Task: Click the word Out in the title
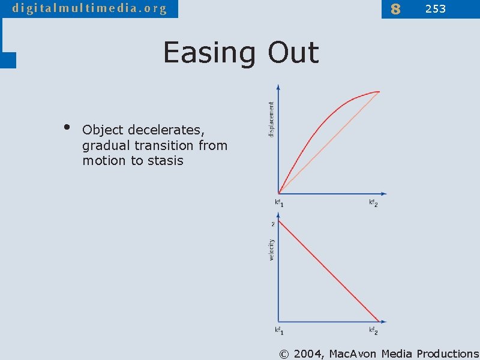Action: tap(293, 53)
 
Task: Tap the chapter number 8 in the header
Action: tap(395, 9)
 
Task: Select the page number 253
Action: tap(436, 9)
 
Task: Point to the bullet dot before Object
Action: tap(67, 127)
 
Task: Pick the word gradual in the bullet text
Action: tap(106, 146)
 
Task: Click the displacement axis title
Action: tap(271, 119)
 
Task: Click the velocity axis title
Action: tap(271, 250)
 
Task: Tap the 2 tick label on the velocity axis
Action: tap(273, 224)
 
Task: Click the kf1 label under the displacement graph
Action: tap(279, 203)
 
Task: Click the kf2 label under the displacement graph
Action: tap(373, 203)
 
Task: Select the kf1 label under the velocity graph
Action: tap(279, 331)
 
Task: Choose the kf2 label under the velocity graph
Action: tap(373, 331)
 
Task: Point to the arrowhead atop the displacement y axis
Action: tap(279, 86)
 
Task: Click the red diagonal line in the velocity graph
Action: tap(329, 271)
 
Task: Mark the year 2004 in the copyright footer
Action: tap(308, 353)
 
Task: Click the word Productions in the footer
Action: tap(448, 353)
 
